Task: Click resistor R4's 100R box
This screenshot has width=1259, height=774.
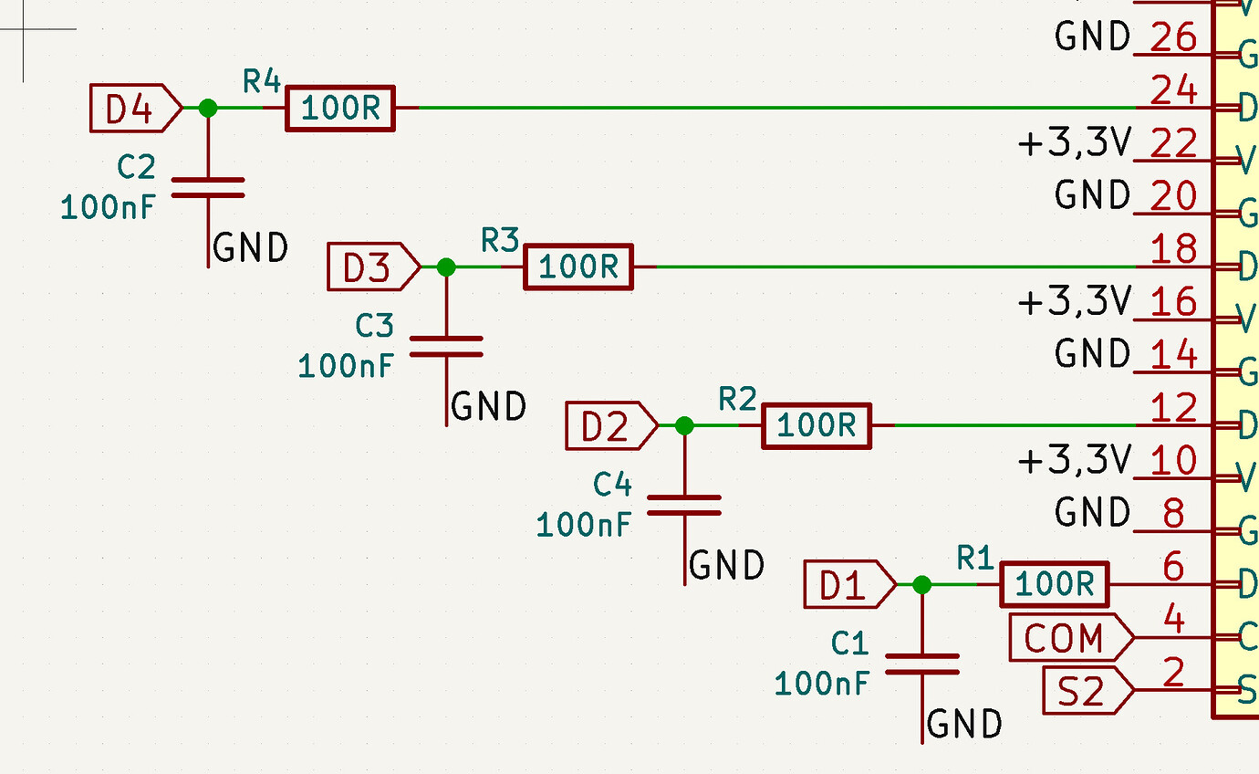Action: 340,109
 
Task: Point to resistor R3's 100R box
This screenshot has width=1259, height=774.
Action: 577,267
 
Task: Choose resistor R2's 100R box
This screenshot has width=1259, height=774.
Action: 817,426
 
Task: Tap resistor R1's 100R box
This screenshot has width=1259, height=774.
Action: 1054,585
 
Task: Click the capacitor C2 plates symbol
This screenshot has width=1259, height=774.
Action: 208,187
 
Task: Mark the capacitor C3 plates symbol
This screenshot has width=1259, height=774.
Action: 446,346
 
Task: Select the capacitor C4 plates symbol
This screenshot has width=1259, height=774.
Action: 684,505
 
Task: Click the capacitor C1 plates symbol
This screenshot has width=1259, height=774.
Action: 922,664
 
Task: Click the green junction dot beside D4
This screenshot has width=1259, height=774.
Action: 208,109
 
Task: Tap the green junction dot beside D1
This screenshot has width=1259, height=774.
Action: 922,585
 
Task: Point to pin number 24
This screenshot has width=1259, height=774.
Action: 1174,90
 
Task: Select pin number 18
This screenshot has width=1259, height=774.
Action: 1174,249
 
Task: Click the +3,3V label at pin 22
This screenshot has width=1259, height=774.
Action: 1074,143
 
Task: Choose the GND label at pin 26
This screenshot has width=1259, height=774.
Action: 1092,37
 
